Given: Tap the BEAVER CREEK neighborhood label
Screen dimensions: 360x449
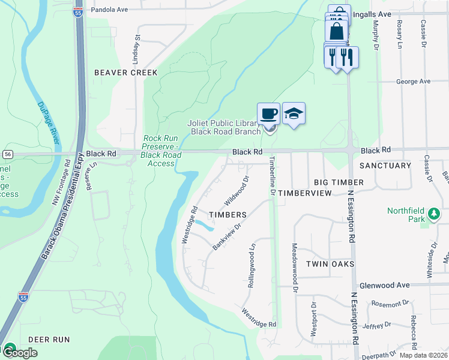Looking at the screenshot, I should click(126, 73).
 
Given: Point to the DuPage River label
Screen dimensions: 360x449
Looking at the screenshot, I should click(49, 122).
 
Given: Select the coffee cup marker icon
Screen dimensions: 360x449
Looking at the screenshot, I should click(269, 113).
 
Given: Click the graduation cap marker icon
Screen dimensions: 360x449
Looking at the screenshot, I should click(294, 113).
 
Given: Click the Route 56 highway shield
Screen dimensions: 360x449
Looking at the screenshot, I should click(7, 154).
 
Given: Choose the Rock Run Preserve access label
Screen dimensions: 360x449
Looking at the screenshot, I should click(161, 151).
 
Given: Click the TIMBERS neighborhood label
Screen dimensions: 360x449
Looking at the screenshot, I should click(228, 214).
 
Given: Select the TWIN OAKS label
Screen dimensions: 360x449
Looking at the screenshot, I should click(328, 264).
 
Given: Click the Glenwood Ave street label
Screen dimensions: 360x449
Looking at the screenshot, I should click(384, 286).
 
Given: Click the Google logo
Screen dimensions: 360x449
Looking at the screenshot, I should click(19, 353).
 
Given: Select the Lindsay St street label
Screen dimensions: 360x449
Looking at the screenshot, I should click(137, 49).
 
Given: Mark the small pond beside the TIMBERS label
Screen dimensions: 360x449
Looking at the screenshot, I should click(205, 226).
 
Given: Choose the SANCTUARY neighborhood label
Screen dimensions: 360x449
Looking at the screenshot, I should click(385, 165).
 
